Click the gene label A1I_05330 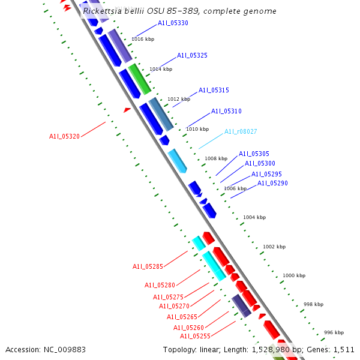[x=173, y=23]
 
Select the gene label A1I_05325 [x=192, y=55]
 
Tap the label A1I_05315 [x=214, y=90]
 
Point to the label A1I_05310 [x=226, y=111]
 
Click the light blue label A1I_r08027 [x=241, y=131]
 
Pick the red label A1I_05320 [x=64, y=136]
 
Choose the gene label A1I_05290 [x=272, y=183]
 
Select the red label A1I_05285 [x=148, y=266]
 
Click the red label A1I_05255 [x=196, y=337]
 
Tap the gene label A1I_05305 [x=254, y=154]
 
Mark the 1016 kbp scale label [x=142, y=39]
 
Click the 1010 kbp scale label [x=197, y=129]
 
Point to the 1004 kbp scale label [x=254, y=217]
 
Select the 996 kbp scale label [x=334, y=332]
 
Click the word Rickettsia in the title [x=104, y=11]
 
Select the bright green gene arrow [x=139, y=79]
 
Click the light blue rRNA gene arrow [x=178, y=160]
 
